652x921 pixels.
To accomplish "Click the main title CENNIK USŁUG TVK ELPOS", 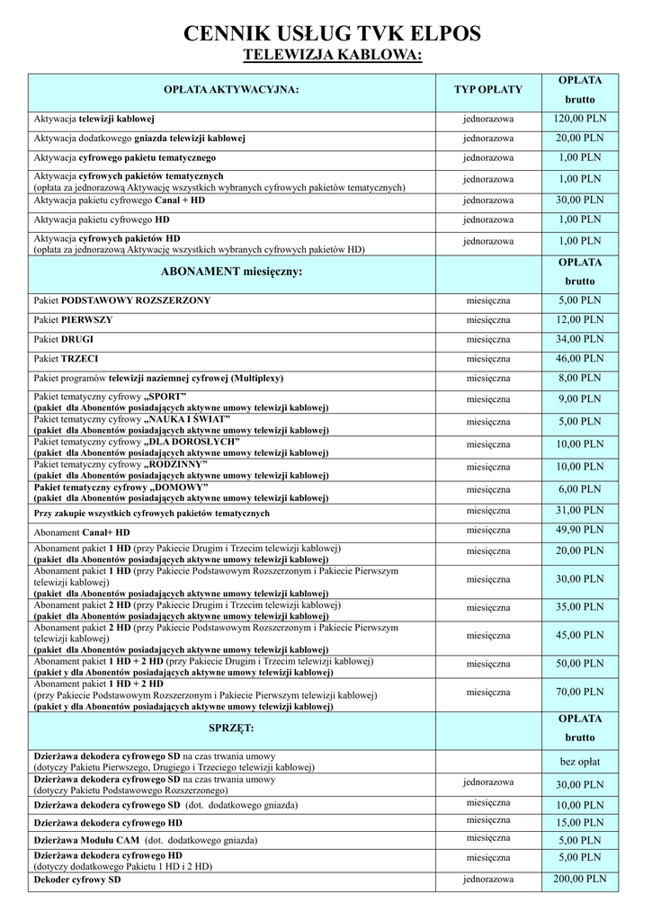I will tap(332, 35).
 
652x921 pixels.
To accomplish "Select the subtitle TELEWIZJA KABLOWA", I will tap(333, 57).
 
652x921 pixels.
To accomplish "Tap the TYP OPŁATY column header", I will tap(488, 90).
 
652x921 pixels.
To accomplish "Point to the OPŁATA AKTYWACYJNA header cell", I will tap(231, 90).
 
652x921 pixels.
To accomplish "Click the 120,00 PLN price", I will tap(580, 119).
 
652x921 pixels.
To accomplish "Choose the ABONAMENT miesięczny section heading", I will tap(231, 271).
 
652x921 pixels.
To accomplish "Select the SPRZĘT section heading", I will tap(231, 726).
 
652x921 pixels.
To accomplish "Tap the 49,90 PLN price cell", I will tap(580, 530).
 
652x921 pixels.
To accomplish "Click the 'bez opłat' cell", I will tap(580, 762).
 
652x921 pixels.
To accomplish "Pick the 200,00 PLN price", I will tap(580, 879).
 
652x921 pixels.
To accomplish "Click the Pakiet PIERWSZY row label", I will tap(74, 320).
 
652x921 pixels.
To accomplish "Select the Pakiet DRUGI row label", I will tap(64, 340).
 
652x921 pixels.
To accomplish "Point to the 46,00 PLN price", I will tap(580, 358).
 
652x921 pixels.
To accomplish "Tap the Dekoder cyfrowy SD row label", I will tap(77, 879).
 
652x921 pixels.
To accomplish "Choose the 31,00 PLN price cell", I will tap(580, 510).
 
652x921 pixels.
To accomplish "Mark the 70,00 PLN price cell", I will tap(580, 693).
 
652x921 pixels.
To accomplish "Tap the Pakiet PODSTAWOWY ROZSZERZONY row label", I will tap(122, 300).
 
